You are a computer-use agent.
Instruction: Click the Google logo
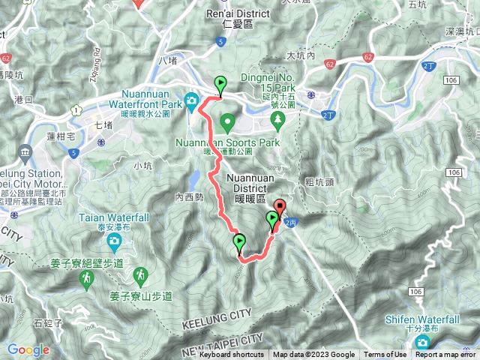click(x=28, y=349)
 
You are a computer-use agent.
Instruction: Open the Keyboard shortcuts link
click(x=231, y=355)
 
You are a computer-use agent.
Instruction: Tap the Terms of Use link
click(x=385, y=355)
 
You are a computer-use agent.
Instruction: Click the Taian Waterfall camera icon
click(x=113, y=241)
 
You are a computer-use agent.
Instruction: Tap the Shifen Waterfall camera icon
click(x=422, y=343)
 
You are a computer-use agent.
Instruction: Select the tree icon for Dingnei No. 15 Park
click(x=278, y=119)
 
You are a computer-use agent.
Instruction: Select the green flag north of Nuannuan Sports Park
click(x=220, y=84)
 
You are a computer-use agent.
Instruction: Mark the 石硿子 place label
click(x=48, y=323)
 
